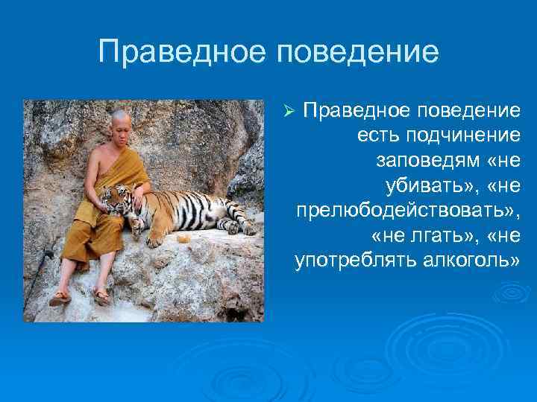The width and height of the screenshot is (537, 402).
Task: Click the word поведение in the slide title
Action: tap(357, 53)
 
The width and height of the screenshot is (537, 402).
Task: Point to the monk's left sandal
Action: tap(102, 296)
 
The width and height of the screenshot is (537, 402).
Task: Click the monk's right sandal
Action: tap(60, 297)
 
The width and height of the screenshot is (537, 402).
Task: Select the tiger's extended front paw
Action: tap(155, 240)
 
